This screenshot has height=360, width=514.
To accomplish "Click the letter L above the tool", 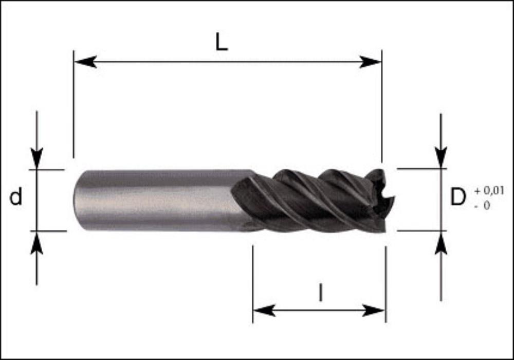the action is coord(222,43).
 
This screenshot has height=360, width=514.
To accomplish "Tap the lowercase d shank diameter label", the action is coord(16,196).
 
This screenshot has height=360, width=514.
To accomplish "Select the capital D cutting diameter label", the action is coord(458,197).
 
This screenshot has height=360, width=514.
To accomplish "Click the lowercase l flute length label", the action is coord(320,293).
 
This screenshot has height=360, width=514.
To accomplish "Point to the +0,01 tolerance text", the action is coord(489,190).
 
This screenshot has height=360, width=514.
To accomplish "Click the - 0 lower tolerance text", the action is coord(482,206).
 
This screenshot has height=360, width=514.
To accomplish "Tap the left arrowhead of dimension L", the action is coord(85,62).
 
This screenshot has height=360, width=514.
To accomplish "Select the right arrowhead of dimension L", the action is coord(371,62).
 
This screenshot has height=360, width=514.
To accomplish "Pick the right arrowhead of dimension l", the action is coord(373,310).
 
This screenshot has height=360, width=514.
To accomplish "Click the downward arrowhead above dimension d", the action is coord(36,158).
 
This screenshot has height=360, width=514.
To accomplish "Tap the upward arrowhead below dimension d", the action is coord(36,243).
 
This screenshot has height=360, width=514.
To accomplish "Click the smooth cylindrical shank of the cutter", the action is coord(157,201).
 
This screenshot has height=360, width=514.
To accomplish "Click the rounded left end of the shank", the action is coord(76,201).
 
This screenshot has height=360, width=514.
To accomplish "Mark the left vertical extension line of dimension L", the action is coord(74,104).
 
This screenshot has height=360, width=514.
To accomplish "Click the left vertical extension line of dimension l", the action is coord(253,284).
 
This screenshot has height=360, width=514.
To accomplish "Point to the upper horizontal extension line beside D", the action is coord(421,169).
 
